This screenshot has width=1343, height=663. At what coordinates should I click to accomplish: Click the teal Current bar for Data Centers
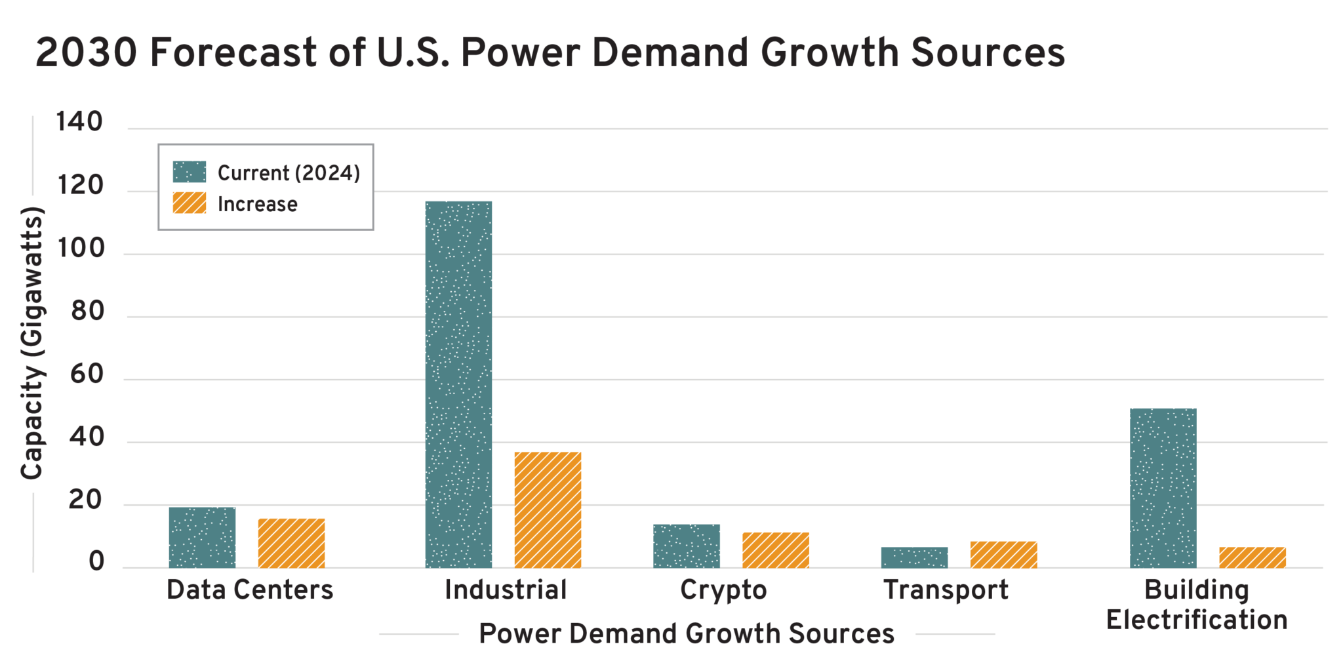point(202,537)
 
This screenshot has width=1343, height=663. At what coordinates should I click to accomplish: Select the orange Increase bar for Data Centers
point(291,543)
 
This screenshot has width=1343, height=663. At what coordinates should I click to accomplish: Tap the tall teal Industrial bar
point(458,384)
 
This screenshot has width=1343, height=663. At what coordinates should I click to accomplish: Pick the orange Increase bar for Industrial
point(548,510)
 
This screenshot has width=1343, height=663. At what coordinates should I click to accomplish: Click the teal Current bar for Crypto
point(686,546)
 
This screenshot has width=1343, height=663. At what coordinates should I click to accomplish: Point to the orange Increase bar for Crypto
point(775,550)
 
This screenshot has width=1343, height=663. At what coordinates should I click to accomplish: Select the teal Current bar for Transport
point(914,557)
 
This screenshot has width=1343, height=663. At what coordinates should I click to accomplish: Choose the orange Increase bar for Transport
point(1003,554)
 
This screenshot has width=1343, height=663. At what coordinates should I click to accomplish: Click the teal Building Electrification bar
point(1163,488)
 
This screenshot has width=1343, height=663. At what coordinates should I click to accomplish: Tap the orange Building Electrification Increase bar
point(1252,557)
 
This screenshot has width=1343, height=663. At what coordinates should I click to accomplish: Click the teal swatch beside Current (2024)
point(190,172)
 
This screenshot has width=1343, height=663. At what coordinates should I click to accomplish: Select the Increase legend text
point(257,204)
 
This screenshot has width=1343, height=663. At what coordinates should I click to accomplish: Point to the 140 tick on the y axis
point(79,122)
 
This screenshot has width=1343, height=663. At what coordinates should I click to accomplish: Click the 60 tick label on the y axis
point(87,374)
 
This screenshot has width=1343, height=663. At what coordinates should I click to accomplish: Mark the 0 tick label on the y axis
point(96,562)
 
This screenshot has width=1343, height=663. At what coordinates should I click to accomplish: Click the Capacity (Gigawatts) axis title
point(31,342)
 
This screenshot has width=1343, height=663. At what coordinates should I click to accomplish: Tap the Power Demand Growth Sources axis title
point(686,634)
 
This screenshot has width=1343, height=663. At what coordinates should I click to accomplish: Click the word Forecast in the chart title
point(233,52)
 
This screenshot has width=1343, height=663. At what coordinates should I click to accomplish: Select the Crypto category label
point(723,590)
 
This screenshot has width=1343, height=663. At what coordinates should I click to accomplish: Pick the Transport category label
point(946,590)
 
